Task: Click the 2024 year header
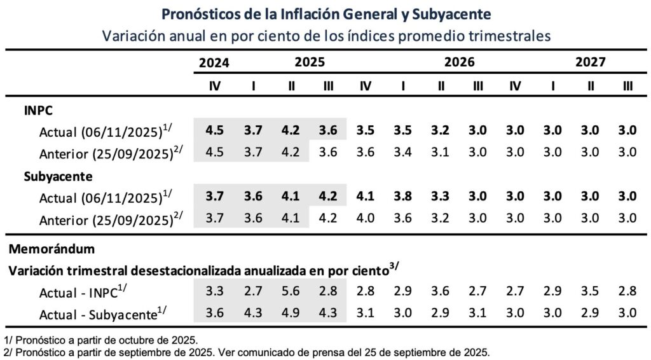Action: (214, 62)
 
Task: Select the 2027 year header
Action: (591, 62)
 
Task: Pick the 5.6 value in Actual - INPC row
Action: (291, 291)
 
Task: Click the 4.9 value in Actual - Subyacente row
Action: (291, 313)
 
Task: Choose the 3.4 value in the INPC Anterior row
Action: (403, 153)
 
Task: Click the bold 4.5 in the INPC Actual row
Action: (215, 131)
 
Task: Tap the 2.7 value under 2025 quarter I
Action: (253, 291)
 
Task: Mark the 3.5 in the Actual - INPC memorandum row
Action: (591, 291)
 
